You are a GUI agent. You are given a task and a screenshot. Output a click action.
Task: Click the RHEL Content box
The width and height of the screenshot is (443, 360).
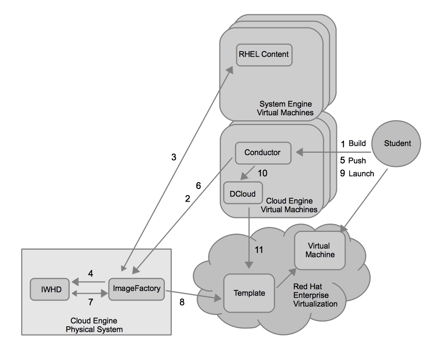coord(263,55)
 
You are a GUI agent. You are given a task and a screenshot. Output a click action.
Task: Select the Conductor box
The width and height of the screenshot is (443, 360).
coord(263,152)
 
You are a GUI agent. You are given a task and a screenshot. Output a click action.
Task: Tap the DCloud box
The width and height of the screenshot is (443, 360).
coord(243,194)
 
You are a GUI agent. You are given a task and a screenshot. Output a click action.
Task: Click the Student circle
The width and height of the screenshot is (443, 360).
coord(397,143)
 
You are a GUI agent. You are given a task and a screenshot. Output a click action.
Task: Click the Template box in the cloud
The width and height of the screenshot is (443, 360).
coord(249,293)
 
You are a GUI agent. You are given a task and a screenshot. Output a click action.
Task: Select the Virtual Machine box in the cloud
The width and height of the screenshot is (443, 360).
coord(320,251)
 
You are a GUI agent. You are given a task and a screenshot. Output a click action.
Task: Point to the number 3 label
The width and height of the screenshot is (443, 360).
coord(174,157)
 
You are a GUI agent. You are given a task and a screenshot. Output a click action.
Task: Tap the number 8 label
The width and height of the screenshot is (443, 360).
coord(182,302)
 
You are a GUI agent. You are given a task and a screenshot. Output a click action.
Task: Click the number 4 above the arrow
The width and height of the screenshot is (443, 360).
coord(90,273)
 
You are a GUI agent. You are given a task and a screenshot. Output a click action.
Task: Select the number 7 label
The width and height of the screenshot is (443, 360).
coord(90,302)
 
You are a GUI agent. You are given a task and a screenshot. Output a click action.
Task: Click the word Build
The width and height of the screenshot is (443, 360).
coord(357,143)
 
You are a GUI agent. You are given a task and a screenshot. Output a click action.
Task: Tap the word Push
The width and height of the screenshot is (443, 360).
coord(357,161)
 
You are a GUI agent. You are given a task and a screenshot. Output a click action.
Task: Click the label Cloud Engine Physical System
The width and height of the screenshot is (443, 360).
coord(94,325)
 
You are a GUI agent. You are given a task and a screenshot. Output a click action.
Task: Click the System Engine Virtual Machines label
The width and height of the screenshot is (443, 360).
coord(286,108)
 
